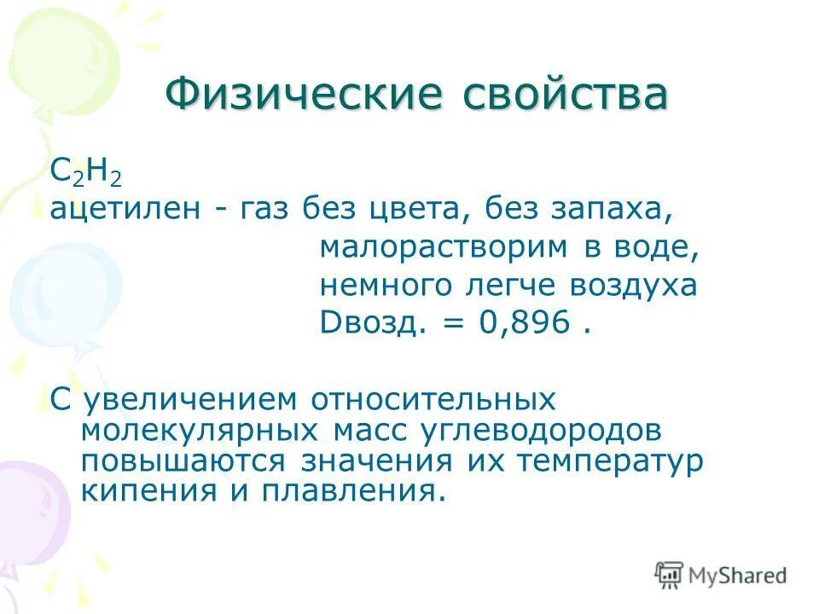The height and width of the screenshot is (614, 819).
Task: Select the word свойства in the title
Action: click(x=564, y=95)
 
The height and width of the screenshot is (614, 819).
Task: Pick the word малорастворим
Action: click(x=444, y=247)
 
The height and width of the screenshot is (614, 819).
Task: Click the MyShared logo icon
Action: click(x=670, y=574)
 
